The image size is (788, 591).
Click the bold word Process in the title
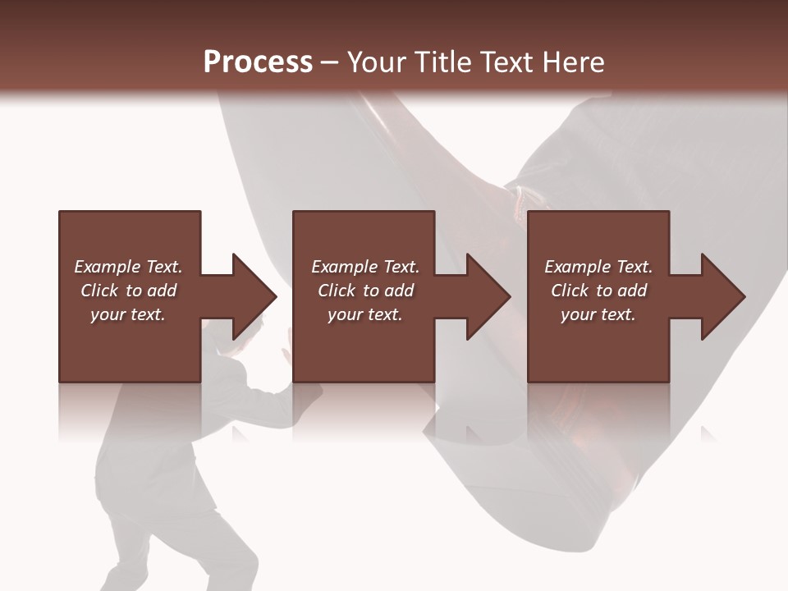pyautogui.click(x=258, y=62)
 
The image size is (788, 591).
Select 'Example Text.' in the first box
pyautogui.click(x=128, y=267)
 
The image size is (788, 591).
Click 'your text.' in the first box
pyautogui.click(x=128, y=314)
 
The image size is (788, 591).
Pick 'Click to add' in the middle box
pyautogui.click(x=364, y=291)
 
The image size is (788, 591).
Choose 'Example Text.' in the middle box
pyautogui.click(x=364, y=267)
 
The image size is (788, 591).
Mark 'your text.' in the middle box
pyautogui.click(x=364, y=314)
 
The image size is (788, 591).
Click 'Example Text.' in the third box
pyautogui.click(x=598, y=267)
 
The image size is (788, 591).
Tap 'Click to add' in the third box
pyautogui.click(x=598, y=291)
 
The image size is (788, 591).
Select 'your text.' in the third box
pyautogui.click(x=598, y=314)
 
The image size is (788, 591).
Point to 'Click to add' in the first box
pyautogui.click(x=128, y=291)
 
